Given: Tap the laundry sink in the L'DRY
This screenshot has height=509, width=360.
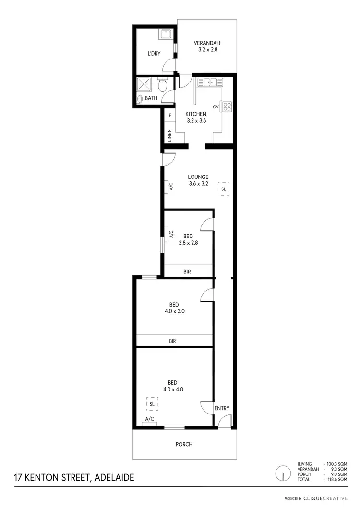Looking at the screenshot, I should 166,35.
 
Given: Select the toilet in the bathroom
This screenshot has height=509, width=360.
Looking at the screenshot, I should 163,86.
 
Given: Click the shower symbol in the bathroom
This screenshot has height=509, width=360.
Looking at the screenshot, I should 145,84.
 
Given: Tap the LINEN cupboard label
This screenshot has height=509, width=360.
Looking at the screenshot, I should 169,136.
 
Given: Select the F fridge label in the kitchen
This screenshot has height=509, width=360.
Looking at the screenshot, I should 170,116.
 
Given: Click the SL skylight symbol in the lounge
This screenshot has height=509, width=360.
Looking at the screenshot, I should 223,189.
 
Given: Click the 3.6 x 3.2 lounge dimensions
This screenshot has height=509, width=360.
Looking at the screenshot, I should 198,183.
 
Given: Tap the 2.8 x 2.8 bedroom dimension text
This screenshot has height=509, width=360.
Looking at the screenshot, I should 188,243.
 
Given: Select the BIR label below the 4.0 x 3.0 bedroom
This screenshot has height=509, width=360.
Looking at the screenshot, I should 174,341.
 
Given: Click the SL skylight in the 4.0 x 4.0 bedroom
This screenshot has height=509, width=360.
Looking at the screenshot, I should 152,404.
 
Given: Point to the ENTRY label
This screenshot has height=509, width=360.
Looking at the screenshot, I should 222,408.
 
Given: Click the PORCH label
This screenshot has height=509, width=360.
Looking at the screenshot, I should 184,444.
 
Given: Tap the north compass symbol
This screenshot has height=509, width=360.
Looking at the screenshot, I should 284,474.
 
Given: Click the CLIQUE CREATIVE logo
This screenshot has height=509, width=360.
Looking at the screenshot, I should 329,498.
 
